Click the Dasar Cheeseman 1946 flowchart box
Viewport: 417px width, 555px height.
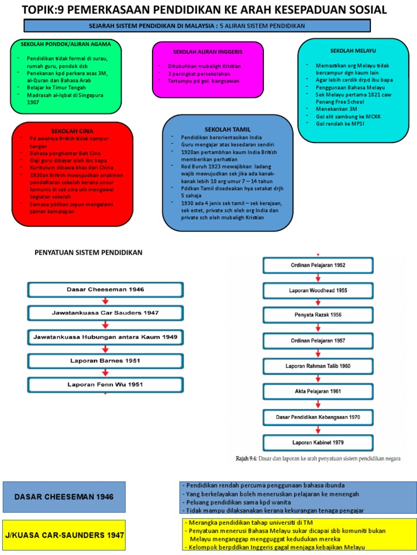(x=105, y=289)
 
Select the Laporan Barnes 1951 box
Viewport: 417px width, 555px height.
(x=105, y=361)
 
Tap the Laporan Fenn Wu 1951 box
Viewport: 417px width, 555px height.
(x=105, y=385)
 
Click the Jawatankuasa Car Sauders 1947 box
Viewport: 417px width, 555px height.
(x=105, y=313)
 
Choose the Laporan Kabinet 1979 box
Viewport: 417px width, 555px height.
(x=318, y=443)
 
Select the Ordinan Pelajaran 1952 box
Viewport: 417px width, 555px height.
(x=318, y=265)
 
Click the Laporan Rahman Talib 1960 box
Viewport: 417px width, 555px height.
(x=318, y=366)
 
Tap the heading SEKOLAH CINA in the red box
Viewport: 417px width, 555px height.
(x=72, y=131)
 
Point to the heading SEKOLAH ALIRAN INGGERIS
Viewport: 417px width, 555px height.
(x=207, y=51)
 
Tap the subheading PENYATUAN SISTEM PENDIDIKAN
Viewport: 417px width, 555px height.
(x=89, y=253)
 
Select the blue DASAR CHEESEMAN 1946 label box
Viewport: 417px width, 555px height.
(x=64, y=497)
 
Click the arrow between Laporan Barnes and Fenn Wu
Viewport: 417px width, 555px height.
(x=105, y=373)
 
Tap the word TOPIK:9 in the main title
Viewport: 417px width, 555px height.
(x=41, y=10)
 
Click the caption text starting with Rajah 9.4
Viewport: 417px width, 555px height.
(x=318, y=459)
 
